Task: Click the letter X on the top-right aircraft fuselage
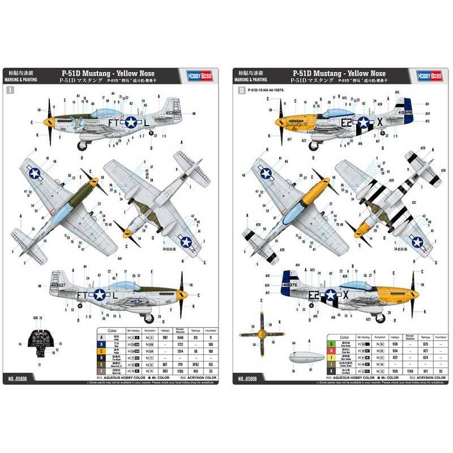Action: click(379, 121)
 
